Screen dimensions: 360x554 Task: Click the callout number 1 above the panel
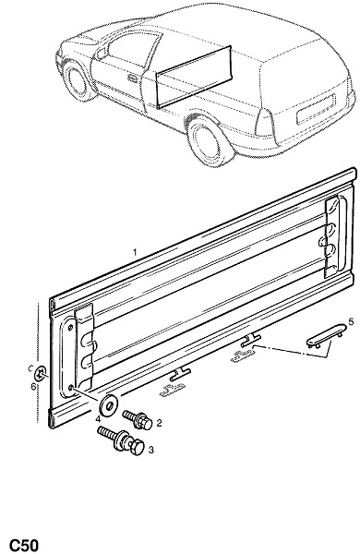(x=135, y=252)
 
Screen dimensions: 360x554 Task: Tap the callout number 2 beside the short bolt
(x=159, y=423)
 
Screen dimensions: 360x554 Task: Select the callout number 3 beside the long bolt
(x=150, y=450)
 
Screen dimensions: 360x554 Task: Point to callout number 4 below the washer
(x=98, y=419)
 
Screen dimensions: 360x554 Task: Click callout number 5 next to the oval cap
(x=351, y=321)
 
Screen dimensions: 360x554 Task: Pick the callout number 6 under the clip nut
(x=33, y=386)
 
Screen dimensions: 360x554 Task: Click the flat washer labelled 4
(x=108, y=405)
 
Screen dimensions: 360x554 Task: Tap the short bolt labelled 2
(x=138, y=420)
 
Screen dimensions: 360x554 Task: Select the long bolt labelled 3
(x=121, y=440)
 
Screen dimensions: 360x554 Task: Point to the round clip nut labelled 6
(x=42, y=372)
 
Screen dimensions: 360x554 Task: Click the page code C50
(x=23, y=545)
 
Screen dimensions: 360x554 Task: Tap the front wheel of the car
(x=77, y=80)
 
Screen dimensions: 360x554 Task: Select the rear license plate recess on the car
(x=316, y=109)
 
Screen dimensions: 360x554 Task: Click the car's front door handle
(x=133, y=78)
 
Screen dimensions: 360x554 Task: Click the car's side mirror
(x=102, y=54)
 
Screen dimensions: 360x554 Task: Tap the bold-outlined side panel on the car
(x=194, y=77)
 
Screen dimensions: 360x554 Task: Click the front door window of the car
(x=133, y=45)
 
